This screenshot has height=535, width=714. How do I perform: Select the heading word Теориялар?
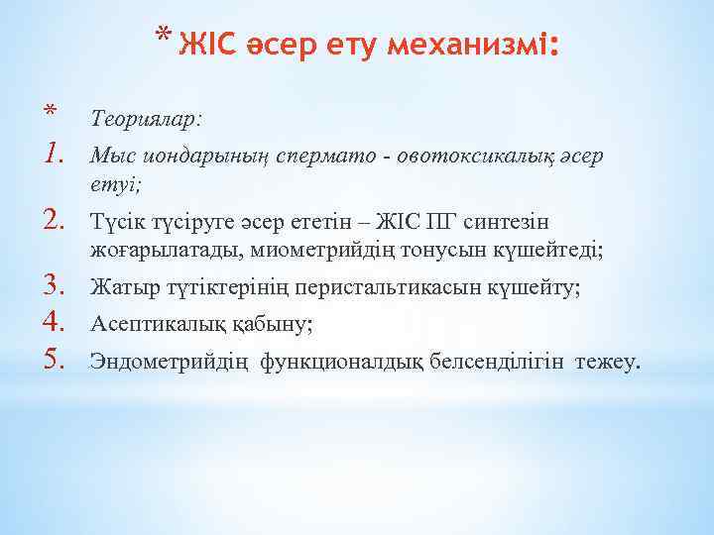146,119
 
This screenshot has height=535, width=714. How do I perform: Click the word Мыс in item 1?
110,155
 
